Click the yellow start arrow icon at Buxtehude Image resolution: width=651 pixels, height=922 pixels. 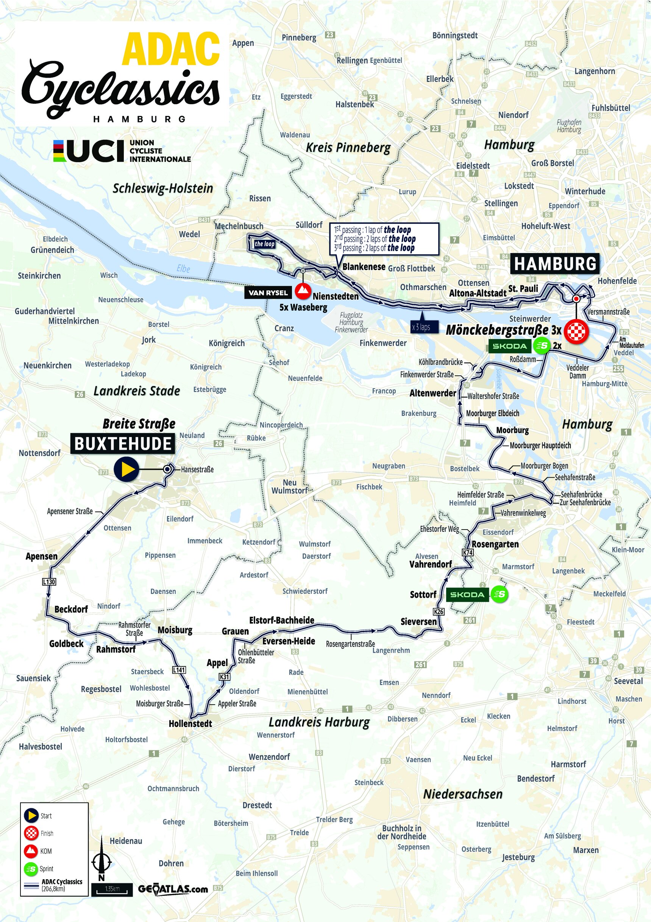click(126, 469)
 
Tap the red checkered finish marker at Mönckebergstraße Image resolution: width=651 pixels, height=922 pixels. click(576, 331)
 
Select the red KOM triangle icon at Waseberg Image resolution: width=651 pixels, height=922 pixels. click(303, 291)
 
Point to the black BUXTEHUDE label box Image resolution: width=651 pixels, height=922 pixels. click(122, 444)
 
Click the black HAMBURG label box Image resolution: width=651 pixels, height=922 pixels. click(555, 264)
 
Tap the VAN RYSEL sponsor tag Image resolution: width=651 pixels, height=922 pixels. click(268, 293)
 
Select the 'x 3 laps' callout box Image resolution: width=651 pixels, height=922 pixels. click(421, 327)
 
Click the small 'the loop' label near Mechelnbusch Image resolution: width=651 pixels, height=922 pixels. click(264, 244)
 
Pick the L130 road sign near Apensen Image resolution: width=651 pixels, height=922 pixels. click(48, 581)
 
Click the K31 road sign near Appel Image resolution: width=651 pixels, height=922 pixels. click(224, 677)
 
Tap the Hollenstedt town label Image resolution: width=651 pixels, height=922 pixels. click(190, 723)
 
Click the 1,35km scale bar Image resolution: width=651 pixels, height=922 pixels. click(112, 889)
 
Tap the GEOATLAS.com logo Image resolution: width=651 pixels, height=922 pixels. click(173, 889)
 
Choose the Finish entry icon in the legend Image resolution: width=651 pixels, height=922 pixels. click(32, 833)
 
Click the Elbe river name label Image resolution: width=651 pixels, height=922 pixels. click(183, 269)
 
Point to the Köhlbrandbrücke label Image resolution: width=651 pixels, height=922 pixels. click(440, 362)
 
